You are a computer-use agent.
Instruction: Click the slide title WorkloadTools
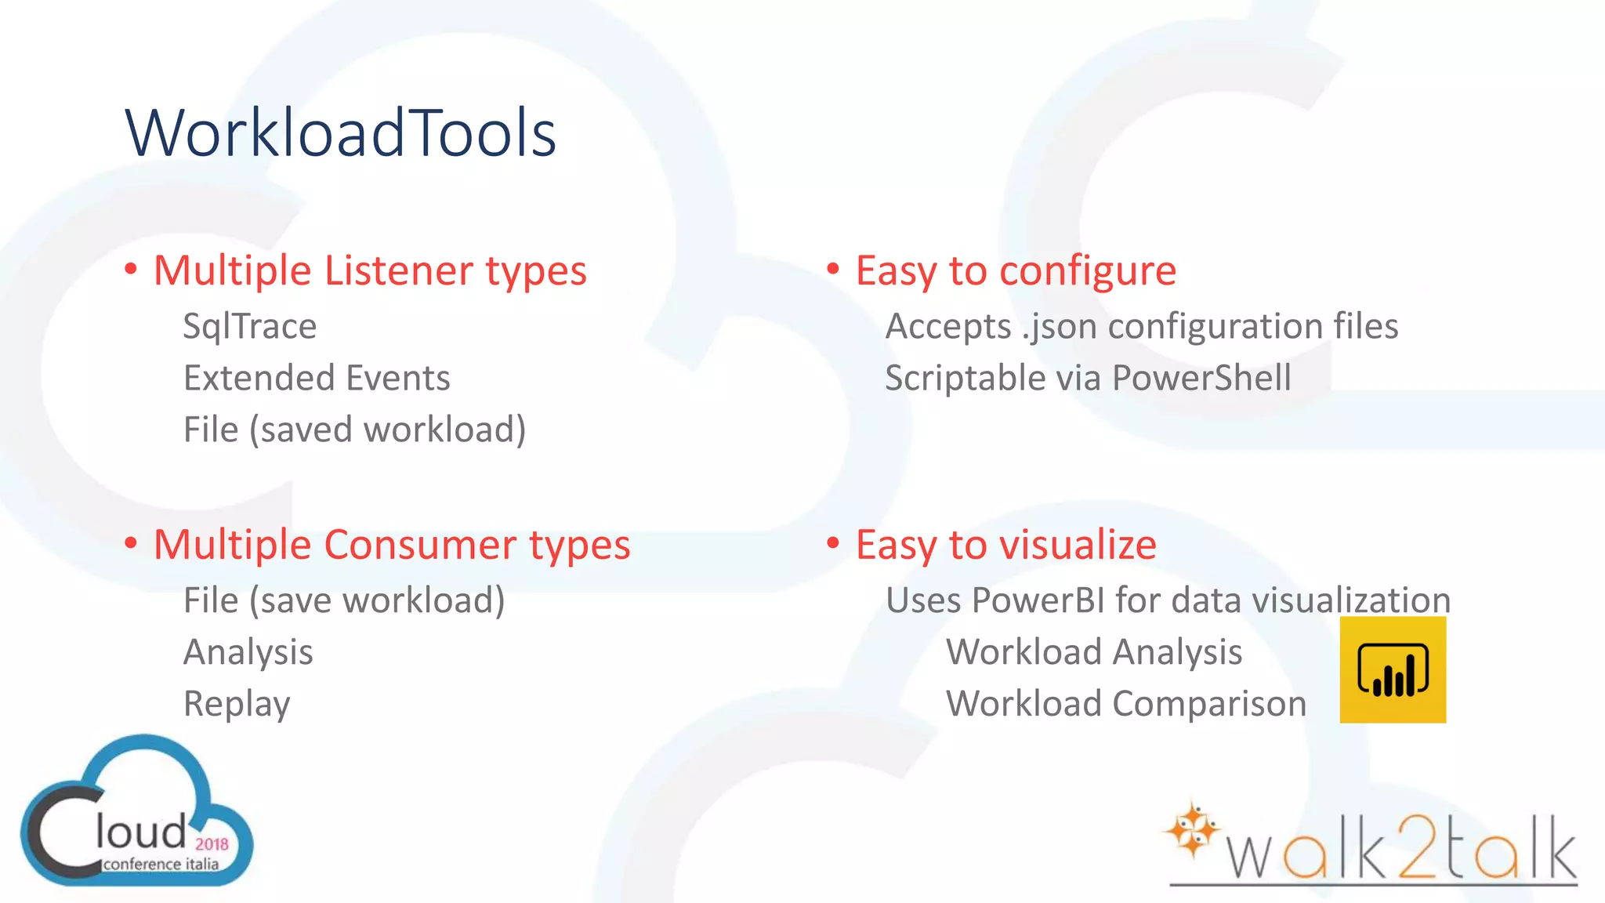(341, 133)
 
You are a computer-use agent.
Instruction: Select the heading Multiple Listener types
(370, 271)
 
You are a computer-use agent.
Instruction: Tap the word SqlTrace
(249, 326)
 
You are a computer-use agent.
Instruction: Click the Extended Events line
(317, 378)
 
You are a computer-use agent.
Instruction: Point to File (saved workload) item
(354, 430)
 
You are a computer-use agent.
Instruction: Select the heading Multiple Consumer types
(392, 545)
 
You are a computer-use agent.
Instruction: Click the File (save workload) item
(344, 600)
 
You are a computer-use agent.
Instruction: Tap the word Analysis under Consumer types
(248, 652)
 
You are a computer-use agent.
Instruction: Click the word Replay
(237, 704)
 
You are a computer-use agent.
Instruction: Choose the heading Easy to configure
(1016, 271)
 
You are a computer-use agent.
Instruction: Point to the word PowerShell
(1201, 378)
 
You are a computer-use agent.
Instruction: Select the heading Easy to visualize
(1005, 545)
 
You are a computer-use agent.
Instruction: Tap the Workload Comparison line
(1126, 704)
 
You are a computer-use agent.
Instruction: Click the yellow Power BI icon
(1393, 669)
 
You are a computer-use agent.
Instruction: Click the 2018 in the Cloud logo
(212, 844)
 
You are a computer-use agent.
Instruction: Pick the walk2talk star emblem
(1192, 829)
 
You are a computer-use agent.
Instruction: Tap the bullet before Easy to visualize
(833, 542)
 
